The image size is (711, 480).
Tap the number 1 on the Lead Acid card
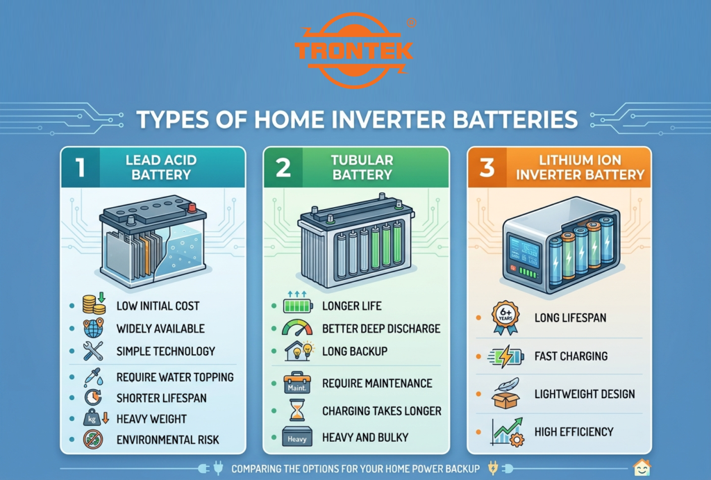pyautogui.click(x=81, y=167)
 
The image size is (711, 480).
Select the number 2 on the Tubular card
pyautogui.click(x=283, y=167)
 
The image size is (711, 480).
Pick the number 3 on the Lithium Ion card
pyautogui.click(x=487, y=167)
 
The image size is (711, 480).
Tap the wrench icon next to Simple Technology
pyautogui.click(x=93, y=351)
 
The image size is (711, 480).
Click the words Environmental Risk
pyautogui.click(x=167, y=439)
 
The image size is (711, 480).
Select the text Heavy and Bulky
pyautogui.click(x=365, y=438)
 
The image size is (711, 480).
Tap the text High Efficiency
pyautogui.click(x=574, y=431)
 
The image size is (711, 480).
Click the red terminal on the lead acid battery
pyautogui.click(x=192, y=207)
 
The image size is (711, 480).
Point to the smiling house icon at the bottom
pyautogui.click(x=642, y=468)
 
